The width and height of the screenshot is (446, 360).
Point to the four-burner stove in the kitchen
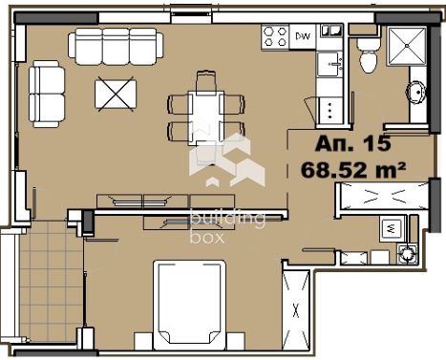(x=276, y=37)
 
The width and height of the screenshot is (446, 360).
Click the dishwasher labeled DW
(x=304, y=37)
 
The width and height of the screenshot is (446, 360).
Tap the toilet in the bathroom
(x=367, y=58)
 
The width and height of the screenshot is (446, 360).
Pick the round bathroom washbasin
(x=416, y=93)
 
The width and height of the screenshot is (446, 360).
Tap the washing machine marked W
(x=390, y=229)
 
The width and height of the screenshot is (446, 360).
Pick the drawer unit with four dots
(x=329, y=107)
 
